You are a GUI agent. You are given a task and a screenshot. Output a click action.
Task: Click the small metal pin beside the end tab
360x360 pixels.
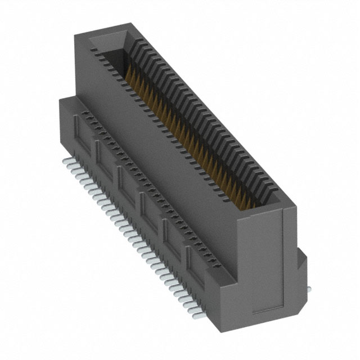pyautogui.click(x=309, y=289)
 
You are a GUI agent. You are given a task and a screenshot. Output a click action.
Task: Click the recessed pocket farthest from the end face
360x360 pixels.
pyautogui.click(x=79, y=130)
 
